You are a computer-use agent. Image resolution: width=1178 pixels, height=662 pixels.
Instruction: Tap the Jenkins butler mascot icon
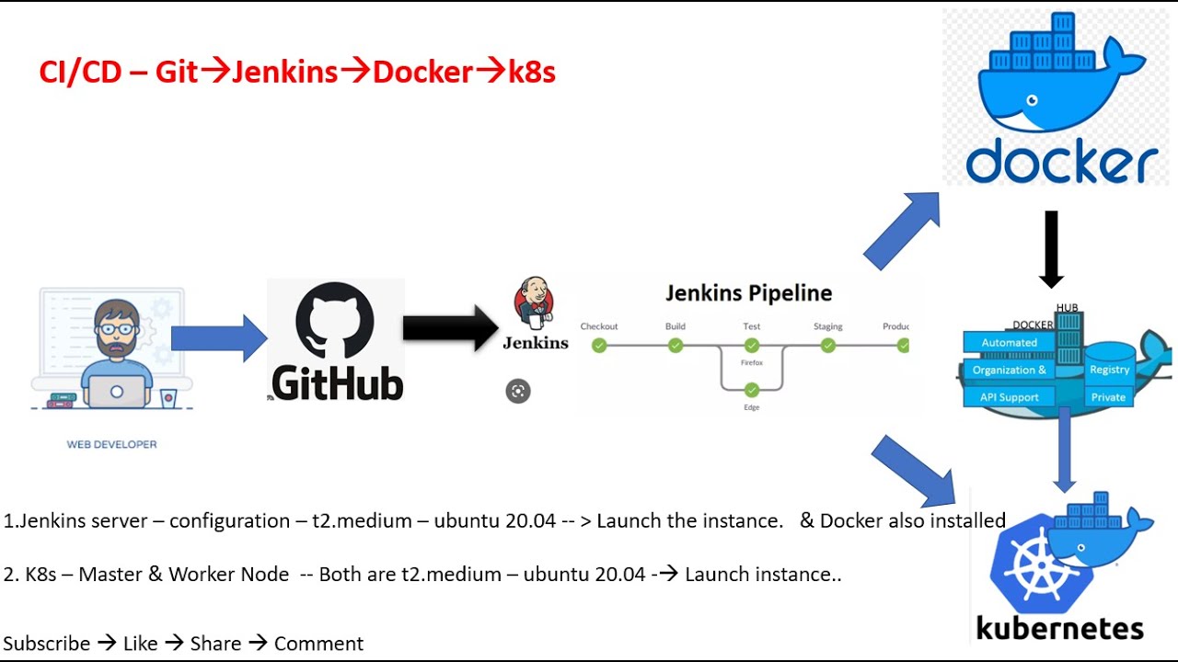534,302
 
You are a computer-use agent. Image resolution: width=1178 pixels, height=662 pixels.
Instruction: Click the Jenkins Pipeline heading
748,293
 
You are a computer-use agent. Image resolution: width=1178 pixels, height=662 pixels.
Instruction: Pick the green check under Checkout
599,346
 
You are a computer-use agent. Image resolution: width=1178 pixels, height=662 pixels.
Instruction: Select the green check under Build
676,346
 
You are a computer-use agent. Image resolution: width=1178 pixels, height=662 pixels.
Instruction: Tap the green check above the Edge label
752,390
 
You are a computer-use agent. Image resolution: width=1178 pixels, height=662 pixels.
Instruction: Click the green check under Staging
828,346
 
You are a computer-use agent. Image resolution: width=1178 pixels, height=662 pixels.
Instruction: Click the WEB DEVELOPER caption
111,444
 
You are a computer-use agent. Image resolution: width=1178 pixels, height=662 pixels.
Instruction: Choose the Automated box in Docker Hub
1010,343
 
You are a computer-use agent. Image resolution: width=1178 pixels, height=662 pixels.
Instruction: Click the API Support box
1010,397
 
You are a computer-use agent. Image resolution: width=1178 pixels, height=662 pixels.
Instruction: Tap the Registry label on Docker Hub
1109,370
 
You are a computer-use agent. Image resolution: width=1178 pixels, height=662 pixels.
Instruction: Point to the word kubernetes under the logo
1059,628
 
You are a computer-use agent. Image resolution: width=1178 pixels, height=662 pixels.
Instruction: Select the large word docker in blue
1061,164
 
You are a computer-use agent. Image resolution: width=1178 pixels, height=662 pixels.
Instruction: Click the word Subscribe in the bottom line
47,644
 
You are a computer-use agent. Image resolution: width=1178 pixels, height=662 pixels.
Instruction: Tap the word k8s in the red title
531,72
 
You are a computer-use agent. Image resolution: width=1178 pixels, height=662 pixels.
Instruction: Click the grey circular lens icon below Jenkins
518,391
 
